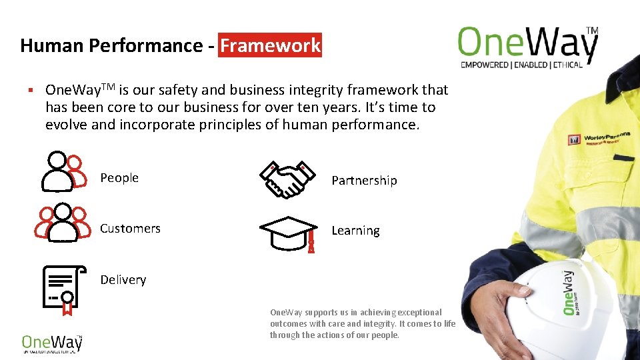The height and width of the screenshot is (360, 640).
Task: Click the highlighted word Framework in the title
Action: point(270,46)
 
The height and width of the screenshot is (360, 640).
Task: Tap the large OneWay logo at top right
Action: point(527,43)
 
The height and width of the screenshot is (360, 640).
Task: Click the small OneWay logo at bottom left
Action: point(51,342)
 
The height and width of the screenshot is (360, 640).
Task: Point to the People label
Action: point(119,178)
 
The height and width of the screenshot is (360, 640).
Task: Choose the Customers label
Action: point(130,229)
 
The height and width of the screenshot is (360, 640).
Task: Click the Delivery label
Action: point(123,280)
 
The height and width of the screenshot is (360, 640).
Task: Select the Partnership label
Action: point(364,181)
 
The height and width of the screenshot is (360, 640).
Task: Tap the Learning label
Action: point(355,231)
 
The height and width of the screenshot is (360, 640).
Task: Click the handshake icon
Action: point(287,179)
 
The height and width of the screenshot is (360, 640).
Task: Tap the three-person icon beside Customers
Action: point(62,222)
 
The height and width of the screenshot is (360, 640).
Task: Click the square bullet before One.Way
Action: point(31,90)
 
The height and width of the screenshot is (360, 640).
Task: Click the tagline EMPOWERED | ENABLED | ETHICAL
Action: point(521,65)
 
